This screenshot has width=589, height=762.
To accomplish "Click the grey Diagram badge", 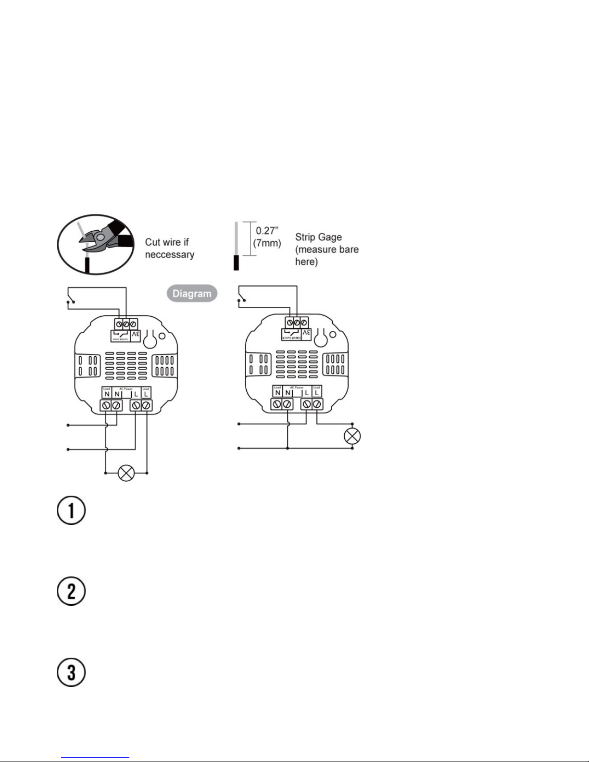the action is coord(192,294).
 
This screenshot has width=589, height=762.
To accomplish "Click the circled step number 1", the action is coord(71,511).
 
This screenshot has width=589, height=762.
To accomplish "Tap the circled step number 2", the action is coord(71,591).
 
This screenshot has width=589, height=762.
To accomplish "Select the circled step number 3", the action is coord(71,672).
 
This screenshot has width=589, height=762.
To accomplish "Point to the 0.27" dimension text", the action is coord(267,231).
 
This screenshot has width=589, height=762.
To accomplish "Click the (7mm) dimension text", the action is coord(267,243).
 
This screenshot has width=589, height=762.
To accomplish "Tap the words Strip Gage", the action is coord(318,237).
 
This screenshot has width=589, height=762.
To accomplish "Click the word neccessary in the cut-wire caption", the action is coord(169,255).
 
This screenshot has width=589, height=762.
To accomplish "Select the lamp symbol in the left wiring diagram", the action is coord(126,473).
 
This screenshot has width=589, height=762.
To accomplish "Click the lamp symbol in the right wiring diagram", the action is coord(352,437).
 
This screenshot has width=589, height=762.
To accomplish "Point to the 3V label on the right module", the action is coord(307,334).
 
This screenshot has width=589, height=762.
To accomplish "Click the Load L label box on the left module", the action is coord(146,392).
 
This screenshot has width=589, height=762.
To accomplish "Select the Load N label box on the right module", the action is coord(277,391).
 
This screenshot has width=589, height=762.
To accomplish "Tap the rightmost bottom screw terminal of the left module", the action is coord(147,406).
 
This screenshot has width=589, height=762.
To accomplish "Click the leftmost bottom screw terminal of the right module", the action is coord(277,405).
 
